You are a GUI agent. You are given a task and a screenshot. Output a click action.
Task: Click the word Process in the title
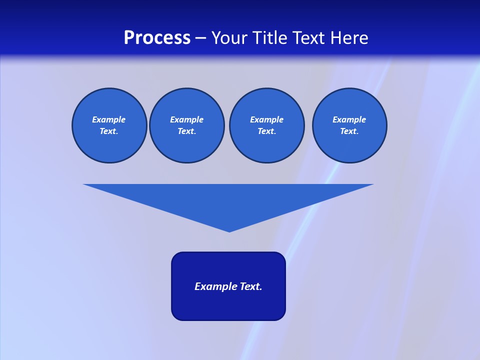pos(157,38)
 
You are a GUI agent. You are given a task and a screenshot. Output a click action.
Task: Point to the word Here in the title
pos(350,38)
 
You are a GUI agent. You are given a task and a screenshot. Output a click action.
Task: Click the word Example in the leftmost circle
pos(109,119)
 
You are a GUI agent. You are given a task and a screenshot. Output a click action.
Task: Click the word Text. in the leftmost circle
pos(109,131)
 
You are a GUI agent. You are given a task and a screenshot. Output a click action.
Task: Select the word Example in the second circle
pos(187,119)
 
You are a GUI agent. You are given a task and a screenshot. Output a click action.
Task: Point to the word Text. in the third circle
pos(267,131)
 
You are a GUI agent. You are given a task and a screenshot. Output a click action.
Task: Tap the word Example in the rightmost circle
pos(349,119)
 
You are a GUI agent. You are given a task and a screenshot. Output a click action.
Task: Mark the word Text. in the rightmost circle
pos(349,131)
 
